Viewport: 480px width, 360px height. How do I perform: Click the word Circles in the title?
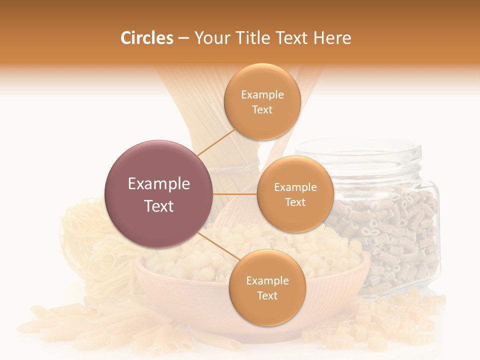click(x=146, y=38)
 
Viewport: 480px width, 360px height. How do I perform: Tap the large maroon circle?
click(x=158, y=194)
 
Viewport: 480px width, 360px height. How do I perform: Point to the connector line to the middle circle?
click(x=235, y=194)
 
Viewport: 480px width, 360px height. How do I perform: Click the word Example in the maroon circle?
click(x=158, y=184)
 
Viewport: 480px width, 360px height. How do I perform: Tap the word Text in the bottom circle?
click(x=267, y=295)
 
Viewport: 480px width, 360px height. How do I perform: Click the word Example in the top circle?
click(x=262, y=95)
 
